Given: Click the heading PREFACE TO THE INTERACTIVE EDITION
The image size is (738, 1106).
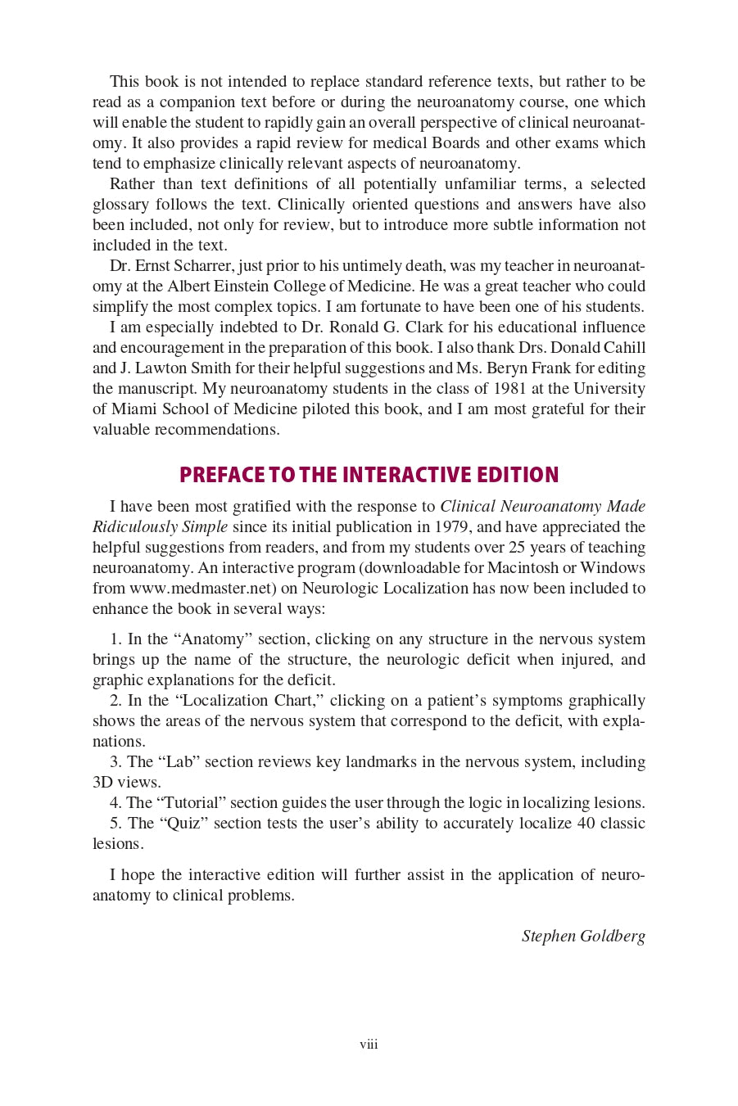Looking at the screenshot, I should click(x=369, y=475).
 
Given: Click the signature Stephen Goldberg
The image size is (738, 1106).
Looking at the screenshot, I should click(x=583, y=936).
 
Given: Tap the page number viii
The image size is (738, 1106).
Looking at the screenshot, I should click(x=369, y=1045).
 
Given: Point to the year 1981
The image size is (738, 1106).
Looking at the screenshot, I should click(x=509, y=388).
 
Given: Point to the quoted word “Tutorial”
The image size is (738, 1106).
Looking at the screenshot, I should click(x=190, y=802).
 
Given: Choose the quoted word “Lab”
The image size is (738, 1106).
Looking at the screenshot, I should click(x=179, y=761).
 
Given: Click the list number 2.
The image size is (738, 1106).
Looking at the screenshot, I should click(x=115, y=700).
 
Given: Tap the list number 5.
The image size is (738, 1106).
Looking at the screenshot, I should click(x=115, y=823).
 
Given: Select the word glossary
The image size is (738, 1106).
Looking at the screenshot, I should click(x=120, y=204).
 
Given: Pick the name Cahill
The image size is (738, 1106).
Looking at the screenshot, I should click(x=624, y=347).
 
